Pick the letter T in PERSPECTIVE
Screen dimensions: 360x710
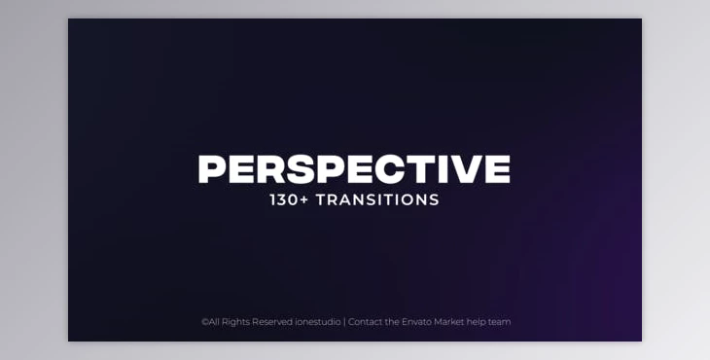[x=421, y=169]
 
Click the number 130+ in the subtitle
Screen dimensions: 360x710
[x=287, y=200]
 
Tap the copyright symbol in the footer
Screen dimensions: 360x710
[x=204, y=322]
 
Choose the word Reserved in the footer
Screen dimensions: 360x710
[x=273, y=322]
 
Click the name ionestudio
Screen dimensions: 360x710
[x=318, y=322]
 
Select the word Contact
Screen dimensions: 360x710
[x=364, y=322]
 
